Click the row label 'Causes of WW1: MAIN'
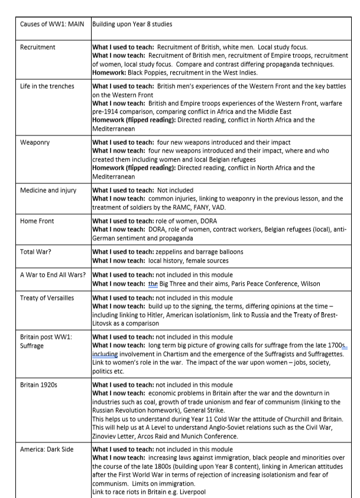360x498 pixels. click(52, 24)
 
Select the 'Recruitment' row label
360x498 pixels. click(37, 47)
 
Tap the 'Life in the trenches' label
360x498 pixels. click(47, 86)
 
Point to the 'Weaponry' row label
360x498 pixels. click(35, 143)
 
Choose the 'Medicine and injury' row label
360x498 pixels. click(49, 190)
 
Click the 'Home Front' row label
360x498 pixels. click(37, 221)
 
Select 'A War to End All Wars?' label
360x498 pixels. click(53, 275)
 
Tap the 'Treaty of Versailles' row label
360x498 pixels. click(47, 297)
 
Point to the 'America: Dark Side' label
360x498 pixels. click(47, 449)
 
